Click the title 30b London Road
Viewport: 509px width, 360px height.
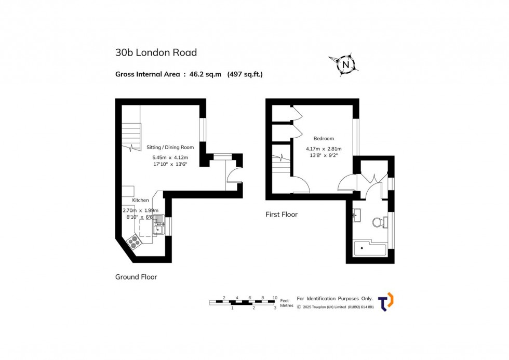156,52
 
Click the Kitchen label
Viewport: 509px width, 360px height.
140,200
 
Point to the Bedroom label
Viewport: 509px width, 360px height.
324,139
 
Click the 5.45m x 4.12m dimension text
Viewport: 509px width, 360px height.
170,157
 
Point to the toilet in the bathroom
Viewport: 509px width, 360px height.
380,222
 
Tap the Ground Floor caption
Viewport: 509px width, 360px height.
136,277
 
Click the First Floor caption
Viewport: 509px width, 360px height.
282,214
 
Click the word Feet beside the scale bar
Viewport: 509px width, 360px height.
284,301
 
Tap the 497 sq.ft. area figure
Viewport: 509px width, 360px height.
245,74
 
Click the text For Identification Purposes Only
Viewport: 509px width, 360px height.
334,299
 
